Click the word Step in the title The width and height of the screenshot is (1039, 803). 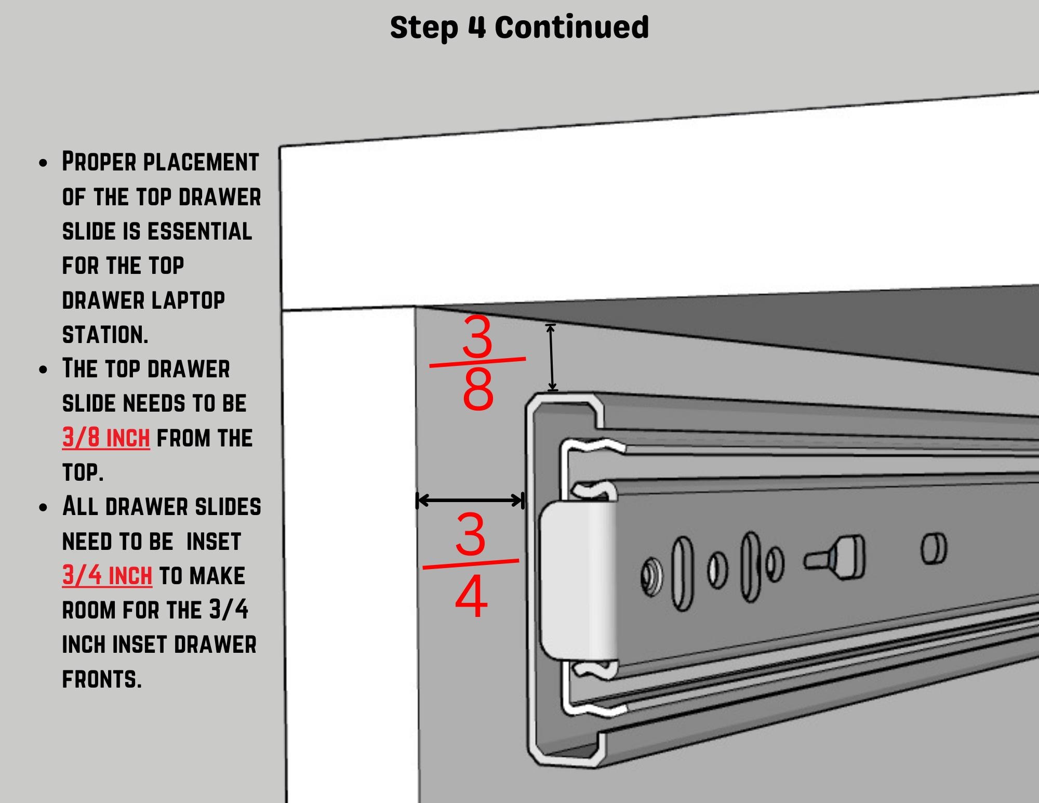click(x=424, y=28)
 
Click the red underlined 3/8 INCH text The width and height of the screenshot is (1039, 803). click(x=106, y=438)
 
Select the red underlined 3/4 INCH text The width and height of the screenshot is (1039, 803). click(x=107, y=576)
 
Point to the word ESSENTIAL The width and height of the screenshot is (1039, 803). click(x=200, y=231)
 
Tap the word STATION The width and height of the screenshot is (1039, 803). click(x=105, y=334)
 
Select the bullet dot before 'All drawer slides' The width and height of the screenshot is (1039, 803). click(x=43, y=507)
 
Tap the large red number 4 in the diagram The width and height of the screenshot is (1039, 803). click(x=471, y=597)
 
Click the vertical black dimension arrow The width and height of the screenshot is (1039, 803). click(x=552, y=357)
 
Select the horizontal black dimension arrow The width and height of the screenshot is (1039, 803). click(x=470, y=501)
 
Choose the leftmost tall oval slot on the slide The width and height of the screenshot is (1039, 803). click(x=683, y=573)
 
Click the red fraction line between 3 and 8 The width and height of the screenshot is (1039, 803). click(x=477, y=362)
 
